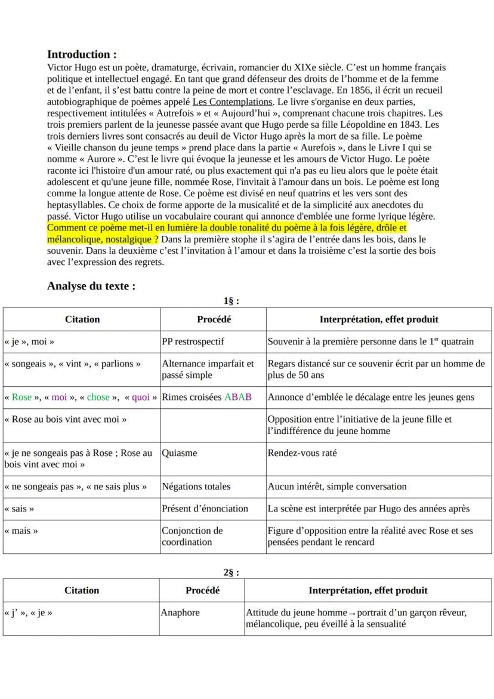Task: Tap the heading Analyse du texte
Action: click(91, 286)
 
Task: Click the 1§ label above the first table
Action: click(230, 301)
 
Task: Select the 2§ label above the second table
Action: click(231, 572)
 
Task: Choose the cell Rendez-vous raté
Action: click(302, 453)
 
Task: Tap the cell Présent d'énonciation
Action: click(205, 509)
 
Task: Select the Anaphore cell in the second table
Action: click(181, 612)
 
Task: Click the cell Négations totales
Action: click(196, 486)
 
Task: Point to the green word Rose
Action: click(21, 397)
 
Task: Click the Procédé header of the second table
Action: click(202, 590)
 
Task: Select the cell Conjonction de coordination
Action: click(192, 536)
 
